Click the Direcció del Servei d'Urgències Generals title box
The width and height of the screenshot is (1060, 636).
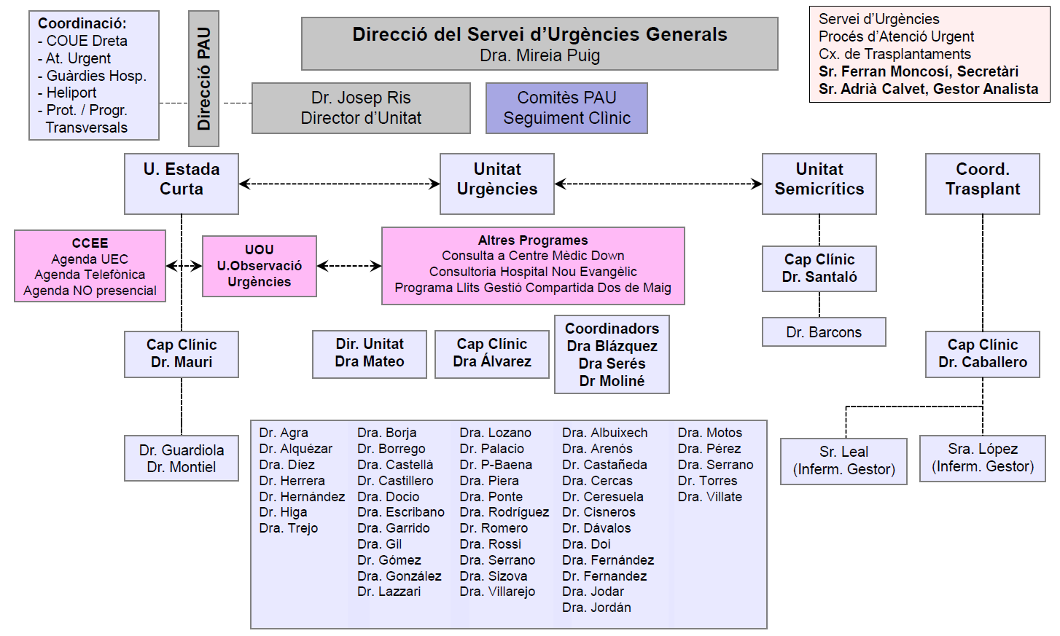point(539,44)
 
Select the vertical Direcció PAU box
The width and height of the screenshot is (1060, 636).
point(203,79)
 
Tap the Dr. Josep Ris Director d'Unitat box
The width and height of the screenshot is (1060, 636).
point(361,108)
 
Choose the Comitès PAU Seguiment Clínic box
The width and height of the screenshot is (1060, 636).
point(566,108)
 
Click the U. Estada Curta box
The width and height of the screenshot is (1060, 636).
point(182,184)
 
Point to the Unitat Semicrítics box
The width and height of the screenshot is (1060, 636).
point(819,184)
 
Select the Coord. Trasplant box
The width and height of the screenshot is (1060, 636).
point(982,184)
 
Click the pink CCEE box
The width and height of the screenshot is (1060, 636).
point(90,266)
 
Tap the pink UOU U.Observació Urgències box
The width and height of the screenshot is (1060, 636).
point(259,266)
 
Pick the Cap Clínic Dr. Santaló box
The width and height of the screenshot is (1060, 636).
point(819,268)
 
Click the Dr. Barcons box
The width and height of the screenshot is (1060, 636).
point(824,332)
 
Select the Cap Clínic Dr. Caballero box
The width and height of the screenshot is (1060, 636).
point(982,354)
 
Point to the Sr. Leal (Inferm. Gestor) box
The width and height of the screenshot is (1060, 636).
point(843,461)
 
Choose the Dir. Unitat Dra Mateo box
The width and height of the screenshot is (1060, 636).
point(369,354)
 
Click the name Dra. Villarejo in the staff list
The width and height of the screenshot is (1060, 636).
point(497,592)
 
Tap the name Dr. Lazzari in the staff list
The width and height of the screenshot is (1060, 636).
point(389,592)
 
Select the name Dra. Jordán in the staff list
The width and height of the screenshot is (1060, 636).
point(596,608)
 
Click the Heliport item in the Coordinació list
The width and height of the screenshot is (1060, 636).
point(71,93)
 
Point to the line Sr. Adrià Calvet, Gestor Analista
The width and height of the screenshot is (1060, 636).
point(928,89)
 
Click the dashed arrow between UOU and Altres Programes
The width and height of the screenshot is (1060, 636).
point(348,266)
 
